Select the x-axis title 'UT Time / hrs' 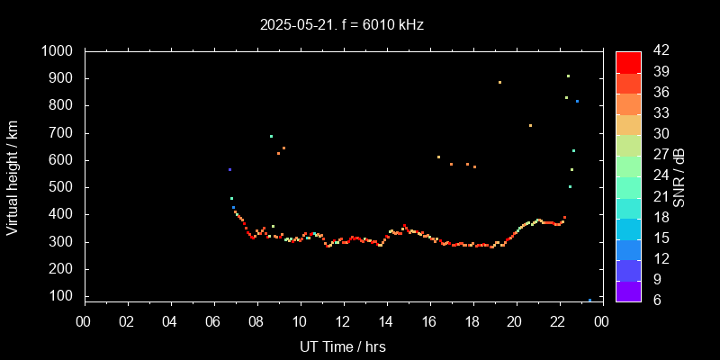[343, 346]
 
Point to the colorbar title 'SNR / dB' [679, 176]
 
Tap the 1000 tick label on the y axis [59, 51]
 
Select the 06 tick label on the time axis [214, 320]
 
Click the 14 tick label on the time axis [386, 320]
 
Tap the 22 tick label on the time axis [559, 320]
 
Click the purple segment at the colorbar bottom [628, 290]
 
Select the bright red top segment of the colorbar [628, 61]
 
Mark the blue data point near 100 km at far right [589, 300]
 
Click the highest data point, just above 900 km [568, 76]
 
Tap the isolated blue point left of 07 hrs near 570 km [229, 169]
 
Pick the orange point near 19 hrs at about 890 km [499, 82]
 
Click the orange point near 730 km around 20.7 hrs [530, 125]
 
